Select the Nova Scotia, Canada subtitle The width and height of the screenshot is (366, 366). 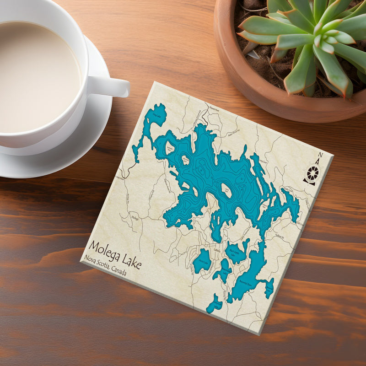click(105, 266)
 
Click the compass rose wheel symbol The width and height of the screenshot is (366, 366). click(313, 173)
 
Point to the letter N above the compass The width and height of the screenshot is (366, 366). click(320, 155)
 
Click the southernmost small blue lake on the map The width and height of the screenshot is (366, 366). click(215, 304)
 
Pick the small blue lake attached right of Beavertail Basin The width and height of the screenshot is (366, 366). click(269, 287)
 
